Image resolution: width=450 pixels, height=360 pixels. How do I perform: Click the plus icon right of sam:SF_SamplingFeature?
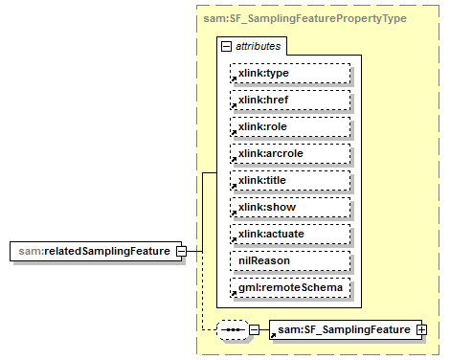click(x=421, y=330)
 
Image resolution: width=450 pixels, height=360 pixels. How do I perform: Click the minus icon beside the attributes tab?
click(x=225, y=45)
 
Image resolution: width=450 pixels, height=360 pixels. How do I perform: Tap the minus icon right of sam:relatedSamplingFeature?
click(x=181, y=251)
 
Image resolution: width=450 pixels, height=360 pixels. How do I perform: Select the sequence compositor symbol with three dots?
click(x=232, y=330)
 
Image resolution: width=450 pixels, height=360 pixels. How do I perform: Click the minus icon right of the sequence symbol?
click(x=254, y=330)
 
